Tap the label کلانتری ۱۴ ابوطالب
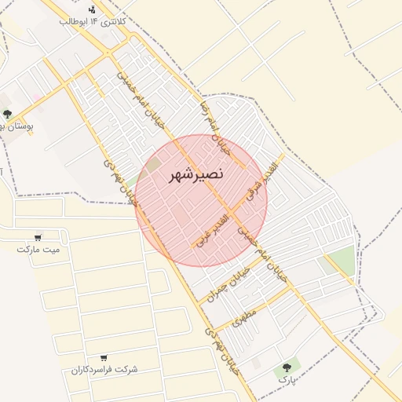pyautogui.click(x=92, y=21)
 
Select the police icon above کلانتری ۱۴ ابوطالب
pyautogui.click(x=93, y=9)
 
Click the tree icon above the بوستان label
pyautogui.click(x=7, y=115)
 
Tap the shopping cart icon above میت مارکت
pyautogui.click(x=38, y=237)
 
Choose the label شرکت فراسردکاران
pyautogui.click(x=104, y=369)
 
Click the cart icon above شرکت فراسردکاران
pyautogui.click(x=104, y=357)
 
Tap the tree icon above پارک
pyautogui.click(x=287, y=367)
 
